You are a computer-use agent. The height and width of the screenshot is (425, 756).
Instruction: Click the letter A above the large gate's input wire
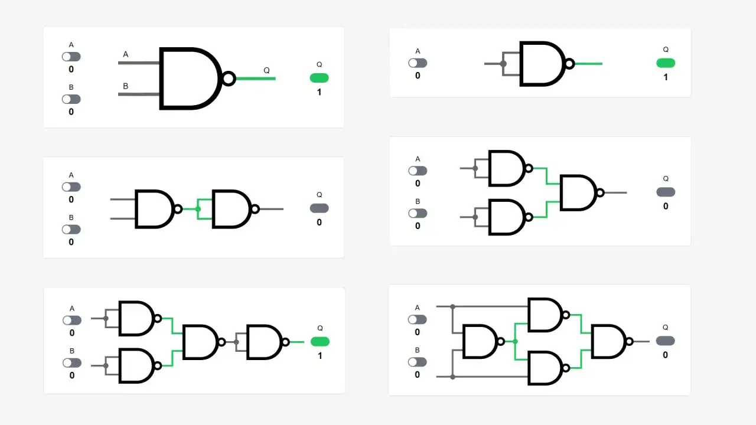[x=126, y=54]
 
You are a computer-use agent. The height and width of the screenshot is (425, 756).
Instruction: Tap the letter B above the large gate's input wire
[x=126, y=86]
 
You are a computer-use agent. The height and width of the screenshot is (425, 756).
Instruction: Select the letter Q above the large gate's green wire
[x=266, y=70]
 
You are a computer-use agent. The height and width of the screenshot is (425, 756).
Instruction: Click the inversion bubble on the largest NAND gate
[x=229, y=79]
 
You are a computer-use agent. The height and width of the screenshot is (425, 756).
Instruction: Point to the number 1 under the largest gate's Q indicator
[x=320, y=92]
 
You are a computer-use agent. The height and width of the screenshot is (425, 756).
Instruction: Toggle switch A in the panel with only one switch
[x=418, y=63]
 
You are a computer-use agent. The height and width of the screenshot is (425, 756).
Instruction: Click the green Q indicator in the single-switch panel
[x=666, y=63]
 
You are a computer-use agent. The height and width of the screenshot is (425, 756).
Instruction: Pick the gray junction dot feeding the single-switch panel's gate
[x=503, y=64]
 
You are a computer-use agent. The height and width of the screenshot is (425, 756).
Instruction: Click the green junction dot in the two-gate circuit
[x=198, y=209]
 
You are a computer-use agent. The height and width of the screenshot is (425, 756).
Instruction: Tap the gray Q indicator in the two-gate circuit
[x=320, y=208]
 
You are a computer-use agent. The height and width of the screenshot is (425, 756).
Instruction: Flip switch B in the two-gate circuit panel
[x=71, y=230]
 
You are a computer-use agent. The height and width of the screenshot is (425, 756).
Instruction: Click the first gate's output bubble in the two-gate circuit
[x=178, y=209]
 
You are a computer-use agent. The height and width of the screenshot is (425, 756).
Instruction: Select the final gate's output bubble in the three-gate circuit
[x=600, y=192]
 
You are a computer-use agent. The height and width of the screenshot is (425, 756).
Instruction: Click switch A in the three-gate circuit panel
[x=418, y=171]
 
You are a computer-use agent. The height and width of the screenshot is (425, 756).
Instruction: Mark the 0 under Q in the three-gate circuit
[x=666, y=206]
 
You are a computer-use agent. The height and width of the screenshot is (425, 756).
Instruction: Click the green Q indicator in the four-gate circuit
[x=320, y=342]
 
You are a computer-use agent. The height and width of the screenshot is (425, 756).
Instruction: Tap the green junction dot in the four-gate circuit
[x=515, y=342]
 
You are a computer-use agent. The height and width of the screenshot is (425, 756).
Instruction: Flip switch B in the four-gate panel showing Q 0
[x=417, y=362]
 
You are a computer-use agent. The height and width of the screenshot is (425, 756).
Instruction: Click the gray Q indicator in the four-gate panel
[x=665, y=341]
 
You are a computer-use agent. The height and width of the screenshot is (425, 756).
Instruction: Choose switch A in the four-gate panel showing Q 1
[x=72, y=321]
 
